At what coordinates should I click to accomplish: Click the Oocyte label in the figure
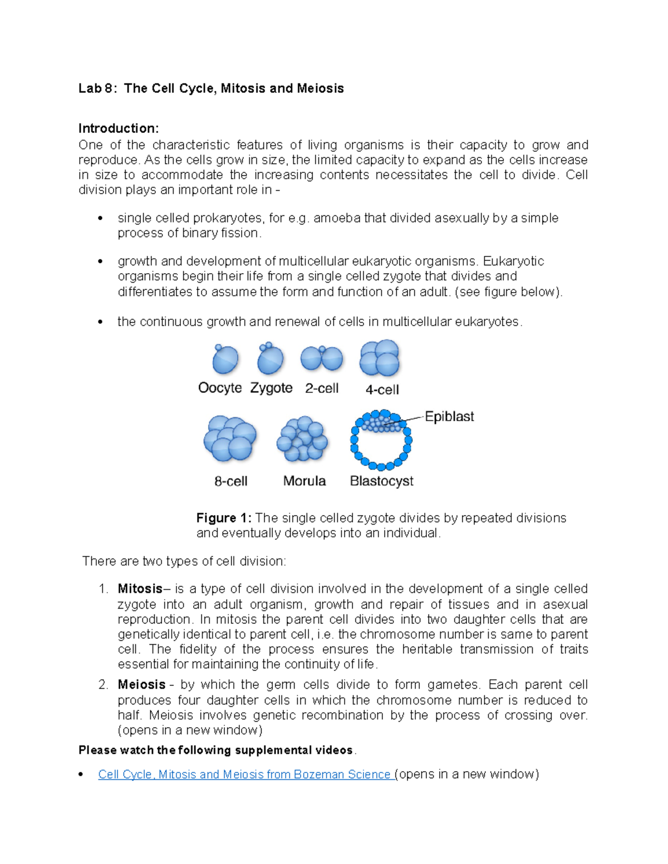click(x=220, y=388)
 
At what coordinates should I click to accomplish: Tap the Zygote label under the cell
click(x=271, y=388)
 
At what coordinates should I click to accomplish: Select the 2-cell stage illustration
click(x=322, y=358)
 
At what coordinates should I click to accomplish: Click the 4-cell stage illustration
click(x=380, y=358)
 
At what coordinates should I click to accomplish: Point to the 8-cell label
click(x=230, y=481)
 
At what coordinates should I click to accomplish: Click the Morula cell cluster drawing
click(x=302, y=439)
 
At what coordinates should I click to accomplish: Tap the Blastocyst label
click(x=381, y=481)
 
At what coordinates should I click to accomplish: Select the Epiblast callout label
click(x=449, y=417)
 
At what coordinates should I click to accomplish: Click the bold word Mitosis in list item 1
click(x=140, y=589)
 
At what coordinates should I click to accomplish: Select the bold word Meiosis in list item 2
click(x=141, y=685)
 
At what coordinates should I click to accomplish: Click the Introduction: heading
click(x=119, y=129)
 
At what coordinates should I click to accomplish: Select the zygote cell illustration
click(x=271, y=359)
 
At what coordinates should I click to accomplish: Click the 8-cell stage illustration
click(x=230, y=439)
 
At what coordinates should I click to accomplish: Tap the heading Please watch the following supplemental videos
click(x=216, y=750)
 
